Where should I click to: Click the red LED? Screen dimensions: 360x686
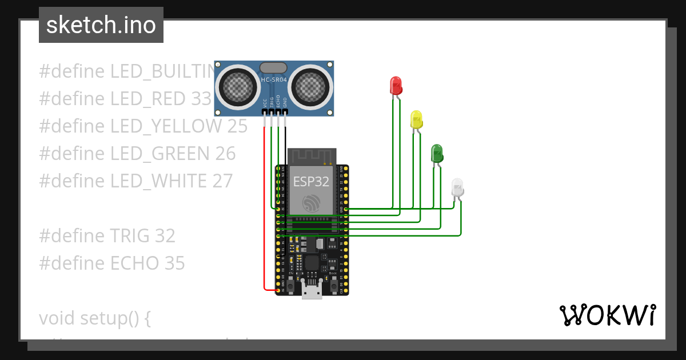click(395, 86)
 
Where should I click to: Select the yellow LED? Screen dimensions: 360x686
click(417, 120)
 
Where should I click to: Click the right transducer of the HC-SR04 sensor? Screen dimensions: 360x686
click(312, 86)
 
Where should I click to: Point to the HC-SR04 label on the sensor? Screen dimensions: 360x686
click(274, 80)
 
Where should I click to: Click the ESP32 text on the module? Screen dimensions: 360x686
click(311, 182)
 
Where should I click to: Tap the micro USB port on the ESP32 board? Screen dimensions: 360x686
click(312, 292)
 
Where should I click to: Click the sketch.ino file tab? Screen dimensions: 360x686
click(101, 25)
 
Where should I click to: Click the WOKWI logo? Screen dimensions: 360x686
click(607, 315)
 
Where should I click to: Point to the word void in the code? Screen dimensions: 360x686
click(57, 318)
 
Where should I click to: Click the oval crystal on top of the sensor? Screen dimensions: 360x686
click(273, 68)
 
